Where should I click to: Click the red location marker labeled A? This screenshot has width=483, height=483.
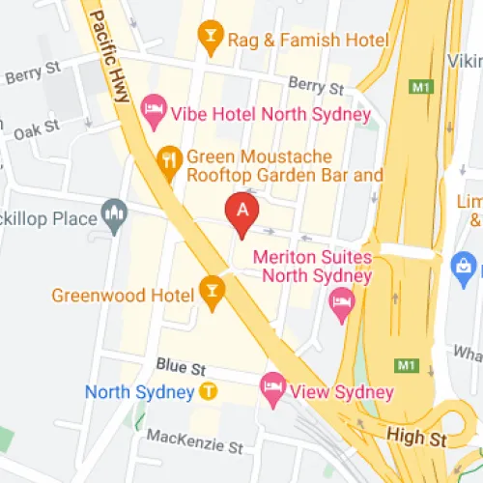pyautogui.click(x=241, y=213)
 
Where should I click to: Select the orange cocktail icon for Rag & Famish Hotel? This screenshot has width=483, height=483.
pyautogui.click(x=209, y=38)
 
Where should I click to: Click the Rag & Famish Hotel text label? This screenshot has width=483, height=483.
pyautogui.click(x=307, y=40)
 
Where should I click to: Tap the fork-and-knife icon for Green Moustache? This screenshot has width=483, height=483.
pyautogui.click(x=170, y=163)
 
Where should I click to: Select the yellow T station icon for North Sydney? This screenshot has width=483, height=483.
pyautogui.click(x=209, y=392)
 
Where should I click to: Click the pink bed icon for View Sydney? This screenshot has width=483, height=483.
pyautogui.click(x=272, y=389)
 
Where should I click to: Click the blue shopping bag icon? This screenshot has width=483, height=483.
pyautogui.click(x=464, y=264)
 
